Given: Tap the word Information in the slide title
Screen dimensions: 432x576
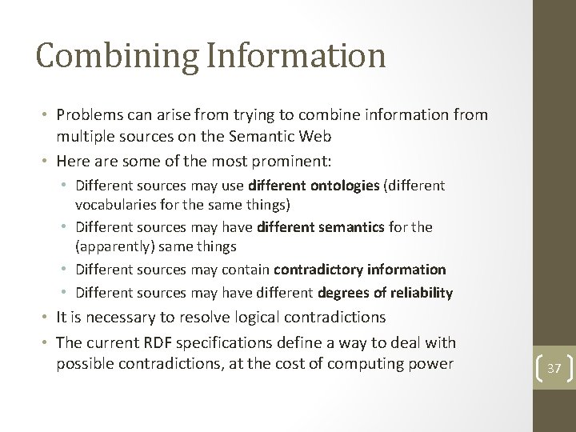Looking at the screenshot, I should (295, 57).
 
